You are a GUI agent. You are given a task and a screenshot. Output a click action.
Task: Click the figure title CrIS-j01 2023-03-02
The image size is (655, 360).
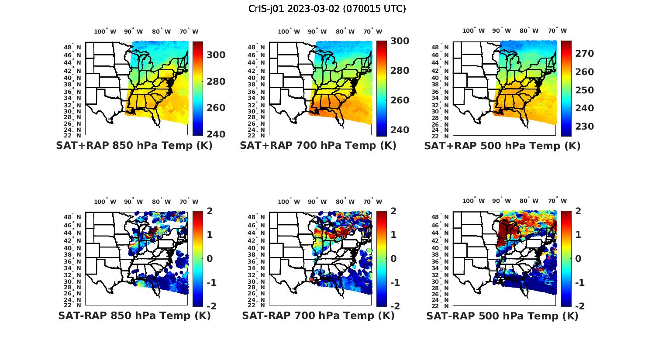click(x=327, y=9)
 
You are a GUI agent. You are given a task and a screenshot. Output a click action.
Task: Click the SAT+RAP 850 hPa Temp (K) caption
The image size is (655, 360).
click(x=134, y=146)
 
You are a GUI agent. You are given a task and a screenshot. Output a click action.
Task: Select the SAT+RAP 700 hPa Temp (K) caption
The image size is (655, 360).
click(x=318, y=146)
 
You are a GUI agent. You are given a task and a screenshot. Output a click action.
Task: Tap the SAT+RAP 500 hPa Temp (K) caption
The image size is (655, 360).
click(x=502, y=146)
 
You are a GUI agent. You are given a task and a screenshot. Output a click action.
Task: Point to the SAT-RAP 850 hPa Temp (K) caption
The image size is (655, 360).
click(x=134, y=315)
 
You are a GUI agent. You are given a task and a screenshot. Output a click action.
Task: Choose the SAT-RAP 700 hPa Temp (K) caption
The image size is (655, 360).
click(x=318, y=315)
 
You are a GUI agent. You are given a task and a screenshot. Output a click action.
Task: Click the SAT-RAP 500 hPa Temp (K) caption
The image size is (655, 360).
click(x=502, y=315)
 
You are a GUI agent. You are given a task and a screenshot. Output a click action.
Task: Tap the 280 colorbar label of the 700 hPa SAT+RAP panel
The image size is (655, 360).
click(x=400, y=71)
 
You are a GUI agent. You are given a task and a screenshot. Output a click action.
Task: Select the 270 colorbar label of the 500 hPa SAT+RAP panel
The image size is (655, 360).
click(x=584, y=54)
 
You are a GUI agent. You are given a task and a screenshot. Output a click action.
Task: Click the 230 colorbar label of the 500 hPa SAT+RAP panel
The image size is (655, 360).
click(x=584, y=127)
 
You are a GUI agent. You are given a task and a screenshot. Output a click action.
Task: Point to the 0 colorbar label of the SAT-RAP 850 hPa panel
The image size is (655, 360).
click(x=210, y=259)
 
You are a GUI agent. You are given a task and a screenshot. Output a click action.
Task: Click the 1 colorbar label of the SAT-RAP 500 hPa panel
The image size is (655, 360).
click(x=578, y=235)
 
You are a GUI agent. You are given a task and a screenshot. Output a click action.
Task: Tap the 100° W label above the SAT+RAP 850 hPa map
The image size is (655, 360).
click(x=105, y=31)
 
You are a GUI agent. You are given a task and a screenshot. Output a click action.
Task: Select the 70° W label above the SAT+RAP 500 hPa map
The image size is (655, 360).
click(x=557, y=31)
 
